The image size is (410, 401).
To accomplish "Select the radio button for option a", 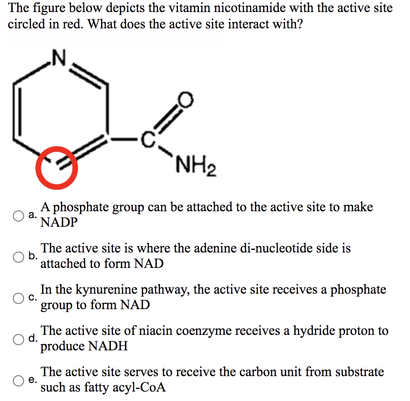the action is (18, 216).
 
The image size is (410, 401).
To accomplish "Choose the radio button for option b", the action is (18, 257).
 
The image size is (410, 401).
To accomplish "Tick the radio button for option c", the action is (18, 298).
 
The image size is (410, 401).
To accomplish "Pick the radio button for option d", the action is (18, 339).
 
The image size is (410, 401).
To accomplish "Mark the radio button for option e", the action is (18, 380).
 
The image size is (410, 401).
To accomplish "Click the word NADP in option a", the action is (59, 222).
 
